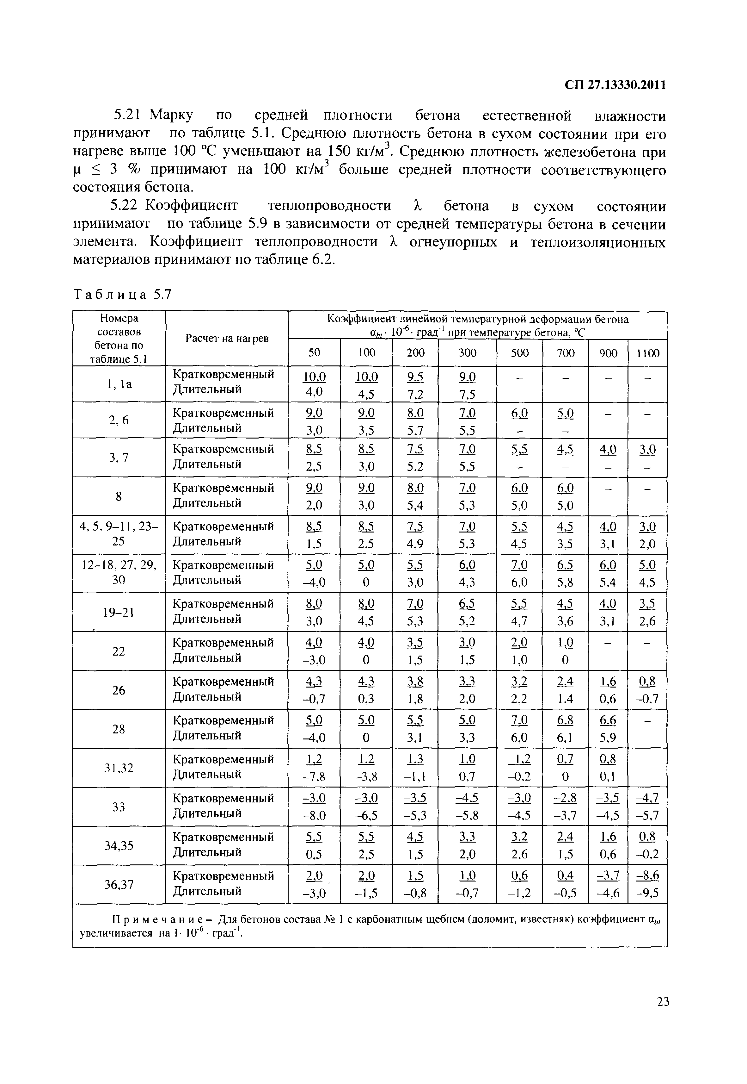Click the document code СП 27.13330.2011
(x=615, y=85)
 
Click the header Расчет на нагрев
(x=227, y=338)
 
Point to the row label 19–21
(x=119, y=612)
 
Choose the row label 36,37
(x=119, y=884)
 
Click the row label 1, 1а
(x=119, y=384)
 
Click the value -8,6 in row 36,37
(x=647, y=875)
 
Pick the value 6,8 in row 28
(x=565, y=720)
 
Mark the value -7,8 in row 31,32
(x=314, y=777)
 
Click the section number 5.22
(x=126, y=206)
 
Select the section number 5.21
(x=128, y=115)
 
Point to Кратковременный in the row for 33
(x=223, y=798)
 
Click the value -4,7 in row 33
(x=647, y=798)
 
